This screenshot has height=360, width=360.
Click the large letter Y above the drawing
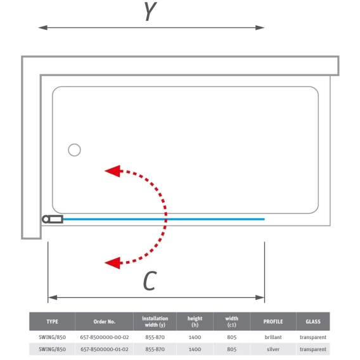point(150,11)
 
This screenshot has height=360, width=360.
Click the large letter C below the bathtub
point(150,281)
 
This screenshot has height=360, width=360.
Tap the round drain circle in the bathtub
point(74,150)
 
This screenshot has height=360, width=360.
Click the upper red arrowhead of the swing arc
point(113,171)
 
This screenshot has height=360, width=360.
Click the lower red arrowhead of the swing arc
point(113,262)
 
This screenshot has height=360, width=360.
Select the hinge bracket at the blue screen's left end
point(53,219)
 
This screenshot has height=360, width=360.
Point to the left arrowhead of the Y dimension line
point(43,28)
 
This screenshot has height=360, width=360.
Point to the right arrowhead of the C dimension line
point(260,297)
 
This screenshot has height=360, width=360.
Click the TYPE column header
point(53,321)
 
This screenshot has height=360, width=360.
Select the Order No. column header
point(104,321)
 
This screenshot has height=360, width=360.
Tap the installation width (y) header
point(155,321)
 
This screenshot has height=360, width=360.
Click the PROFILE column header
point(273,321)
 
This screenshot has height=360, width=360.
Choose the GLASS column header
point(313,321)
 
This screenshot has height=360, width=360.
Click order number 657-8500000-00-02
point(105,337)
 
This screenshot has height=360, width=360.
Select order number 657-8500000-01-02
point(105,349)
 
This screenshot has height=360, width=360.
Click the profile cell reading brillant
point(273,337)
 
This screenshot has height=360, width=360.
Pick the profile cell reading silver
point(273,349)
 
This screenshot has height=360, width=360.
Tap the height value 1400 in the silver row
point(195,349)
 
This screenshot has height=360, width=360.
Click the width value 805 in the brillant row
point(232,337)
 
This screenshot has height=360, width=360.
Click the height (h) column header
point(195,321)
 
